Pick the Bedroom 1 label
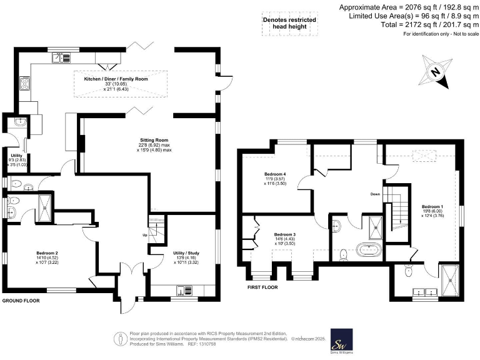coord(432,206)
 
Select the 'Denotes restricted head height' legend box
coord(288,24)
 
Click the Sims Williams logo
coord(341,341)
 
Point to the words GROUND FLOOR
coord(22,301)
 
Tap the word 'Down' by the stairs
coord(375,194)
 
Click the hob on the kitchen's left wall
coord(25,82)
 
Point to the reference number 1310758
coord(224,344)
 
